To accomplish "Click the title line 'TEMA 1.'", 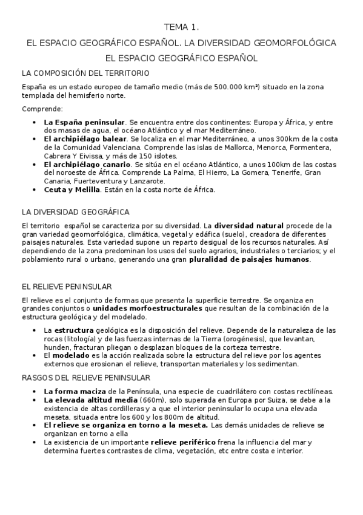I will (x=181, y=27).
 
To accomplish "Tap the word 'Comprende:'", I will (x=42, y=109).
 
